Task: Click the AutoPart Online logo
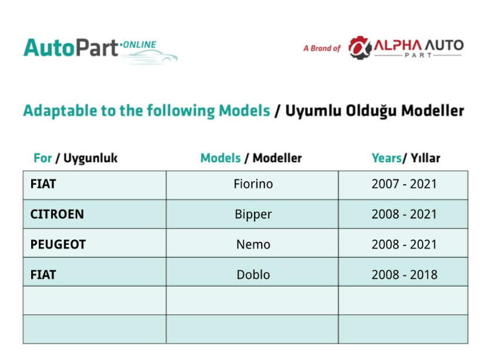click(101, 50)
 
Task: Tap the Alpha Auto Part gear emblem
click(360, 48)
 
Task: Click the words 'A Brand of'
click(322, 48)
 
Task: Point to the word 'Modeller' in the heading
click(433, 111)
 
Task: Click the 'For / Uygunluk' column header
click(75, 158)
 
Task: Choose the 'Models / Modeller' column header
click(251, 158)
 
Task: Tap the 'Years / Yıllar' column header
click(406, 158)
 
